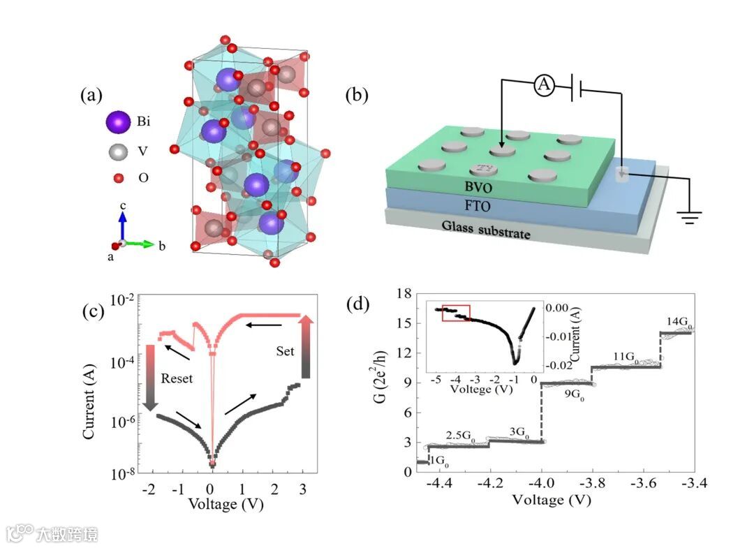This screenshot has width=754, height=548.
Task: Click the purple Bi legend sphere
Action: coord(118,123)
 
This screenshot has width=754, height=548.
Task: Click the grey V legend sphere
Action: coord(118,151)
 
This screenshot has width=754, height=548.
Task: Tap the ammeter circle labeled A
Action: coord(544,86)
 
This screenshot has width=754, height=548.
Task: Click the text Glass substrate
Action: coord(486,230)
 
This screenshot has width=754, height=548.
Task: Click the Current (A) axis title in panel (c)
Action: coord(89,386)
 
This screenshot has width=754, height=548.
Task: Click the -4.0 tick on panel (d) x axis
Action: coord(542,482)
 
